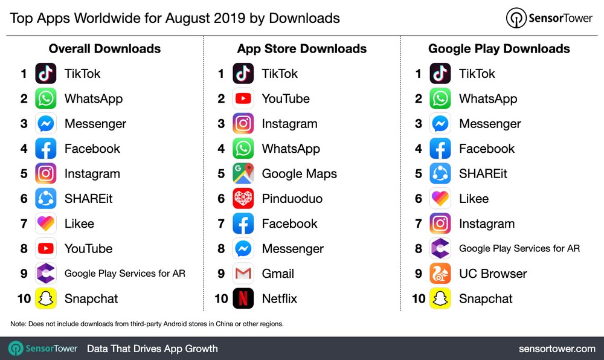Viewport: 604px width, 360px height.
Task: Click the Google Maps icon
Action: pos(243,174)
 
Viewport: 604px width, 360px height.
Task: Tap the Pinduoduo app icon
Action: pos(243,199)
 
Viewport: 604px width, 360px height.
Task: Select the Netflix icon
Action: pos(243,298)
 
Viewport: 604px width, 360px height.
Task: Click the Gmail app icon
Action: pos(243,274)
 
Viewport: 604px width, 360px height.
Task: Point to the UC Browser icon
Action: pos(440,274)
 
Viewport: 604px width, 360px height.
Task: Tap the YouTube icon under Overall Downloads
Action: pos(46,249)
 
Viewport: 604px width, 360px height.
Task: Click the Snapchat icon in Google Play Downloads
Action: pos(440,298)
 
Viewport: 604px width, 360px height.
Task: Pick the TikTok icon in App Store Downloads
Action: pos(243,74)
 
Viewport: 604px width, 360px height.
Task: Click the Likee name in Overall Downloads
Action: pos(79,223)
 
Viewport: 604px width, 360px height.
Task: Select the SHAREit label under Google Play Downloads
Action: pos(483,174)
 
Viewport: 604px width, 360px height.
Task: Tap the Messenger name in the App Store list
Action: pos(292,249)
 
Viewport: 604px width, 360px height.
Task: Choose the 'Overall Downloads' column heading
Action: pos(104,49)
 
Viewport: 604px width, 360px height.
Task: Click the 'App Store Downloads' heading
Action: pos(302,49)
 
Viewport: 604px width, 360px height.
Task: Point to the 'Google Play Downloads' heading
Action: pos(499,49)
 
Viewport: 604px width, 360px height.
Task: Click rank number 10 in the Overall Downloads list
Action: pos(23,298)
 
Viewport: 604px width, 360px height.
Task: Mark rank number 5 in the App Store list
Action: pos(221,174)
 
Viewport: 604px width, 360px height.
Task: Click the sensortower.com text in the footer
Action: pos(557,349)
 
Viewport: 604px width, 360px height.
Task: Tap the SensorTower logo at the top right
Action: pos(549,18)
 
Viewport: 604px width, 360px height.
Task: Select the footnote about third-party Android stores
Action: pos(147,324)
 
